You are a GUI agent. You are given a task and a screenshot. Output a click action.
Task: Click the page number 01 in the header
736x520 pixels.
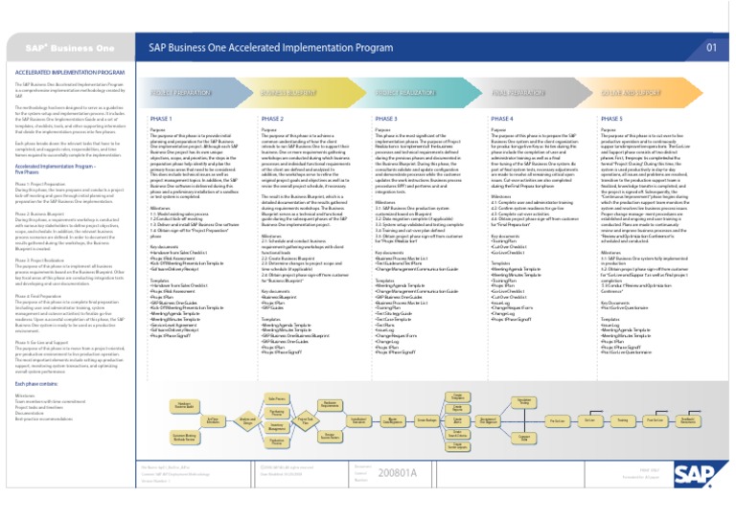[710, 46]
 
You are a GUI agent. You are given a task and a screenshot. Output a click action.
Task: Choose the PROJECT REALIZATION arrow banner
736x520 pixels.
[426, 93]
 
